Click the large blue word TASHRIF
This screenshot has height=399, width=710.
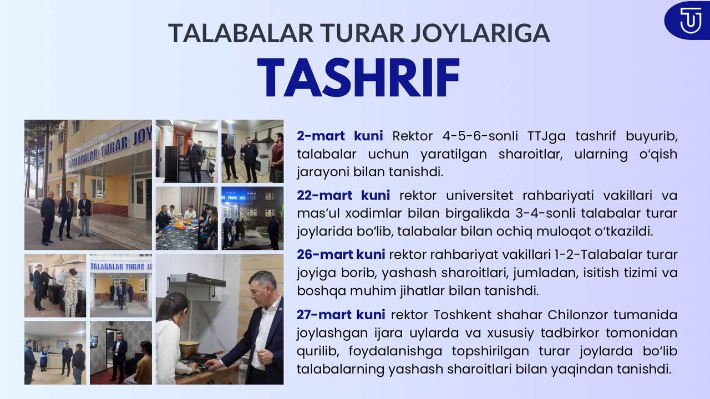tap(358, 78)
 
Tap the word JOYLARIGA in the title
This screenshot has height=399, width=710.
tap(480, 33)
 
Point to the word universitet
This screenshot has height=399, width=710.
tap(480, 196)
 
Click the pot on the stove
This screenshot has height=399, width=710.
tap(189, 349)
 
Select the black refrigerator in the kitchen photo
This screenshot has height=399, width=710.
tap(172, 163)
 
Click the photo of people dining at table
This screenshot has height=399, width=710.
tap(187, 218)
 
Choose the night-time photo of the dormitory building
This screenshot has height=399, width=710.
tap(252, 218)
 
